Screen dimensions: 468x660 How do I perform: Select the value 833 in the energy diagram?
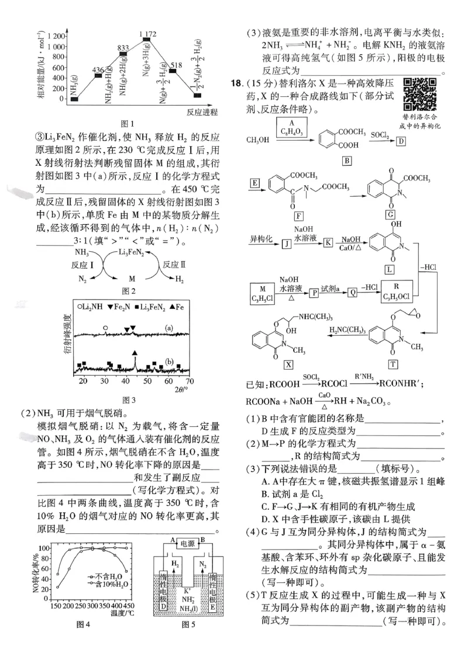click(123, 48)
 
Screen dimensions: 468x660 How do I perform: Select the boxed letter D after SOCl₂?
click(401, 141)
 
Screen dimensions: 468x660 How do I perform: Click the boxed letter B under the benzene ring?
click(346, 160)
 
